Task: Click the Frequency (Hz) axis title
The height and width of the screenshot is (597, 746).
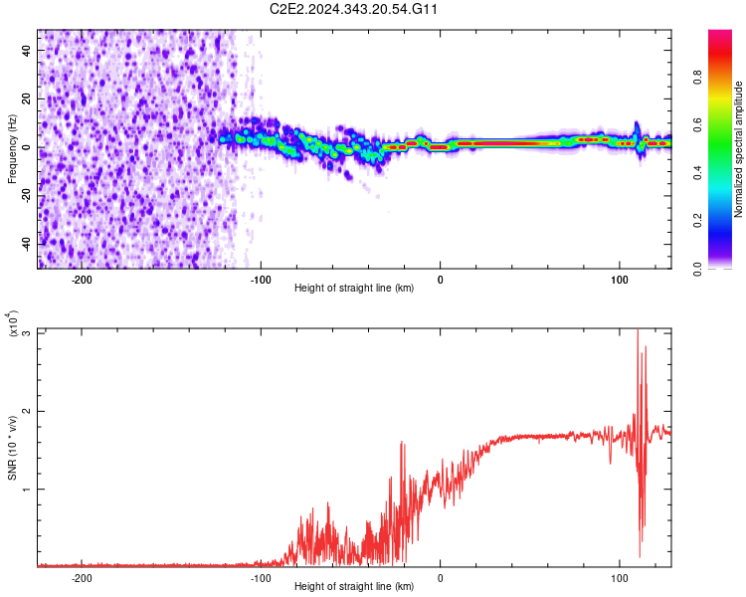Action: (x=13, y=148)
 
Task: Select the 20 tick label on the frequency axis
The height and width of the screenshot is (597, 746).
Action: (x=27, y=99)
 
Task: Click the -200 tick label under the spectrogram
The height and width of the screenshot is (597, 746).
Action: (x=82, y=280)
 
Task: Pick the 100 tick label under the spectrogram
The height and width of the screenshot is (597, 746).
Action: (x=619, y=280)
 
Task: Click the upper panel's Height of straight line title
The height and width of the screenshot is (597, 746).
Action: (x=354, y=289)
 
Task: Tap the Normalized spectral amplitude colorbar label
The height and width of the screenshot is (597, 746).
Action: (x=739, y=149)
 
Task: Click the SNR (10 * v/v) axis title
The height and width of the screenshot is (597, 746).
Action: (x=13, y=448)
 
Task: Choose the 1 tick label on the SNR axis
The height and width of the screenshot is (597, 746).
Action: (x=27, y=490)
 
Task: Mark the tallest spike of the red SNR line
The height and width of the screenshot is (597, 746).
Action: (x=638, y=331)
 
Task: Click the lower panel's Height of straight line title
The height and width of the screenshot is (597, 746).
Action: (x=354, y=587)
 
